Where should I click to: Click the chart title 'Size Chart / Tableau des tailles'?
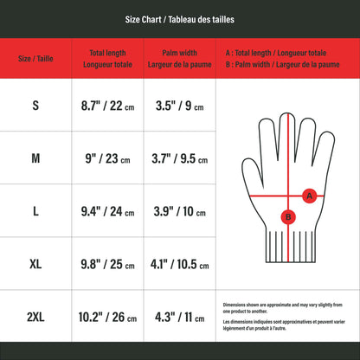pyautogui.click(x=179, y=20)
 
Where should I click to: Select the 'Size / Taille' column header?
pyautogui.click(x=35, y=59)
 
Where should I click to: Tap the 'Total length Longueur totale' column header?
pyautogui.click(x=107, y=59)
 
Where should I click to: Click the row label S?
pyautogui.click(x=35, y=106)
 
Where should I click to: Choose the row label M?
pyautogui.click(x=35, y=158)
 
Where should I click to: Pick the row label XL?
pyautogui.click(x=35, y=264)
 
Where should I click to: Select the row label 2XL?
pyautogui.click(x=35, y=317)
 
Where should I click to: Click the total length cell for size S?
pyautogui.click(x=107, y=106)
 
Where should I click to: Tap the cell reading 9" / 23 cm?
pyautogui.click(x=107, y=158)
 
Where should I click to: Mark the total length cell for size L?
pyautogui.click(x=107, y=211)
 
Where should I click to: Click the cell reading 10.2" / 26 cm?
pyautogui.click(x=107, y=318)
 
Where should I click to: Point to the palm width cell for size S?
pyautogui.click(x=179, y=106)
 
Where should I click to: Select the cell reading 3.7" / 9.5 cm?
pyautogui.click(x=179, y=158)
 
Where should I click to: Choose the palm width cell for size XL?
pyautogui.click(x=179, y=264)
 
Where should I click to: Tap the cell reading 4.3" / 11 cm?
pyautogui.click(x=179, y=318)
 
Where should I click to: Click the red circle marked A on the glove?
pyautogui.click(x=310, y=196)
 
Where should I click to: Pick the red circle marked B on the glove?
pyautogui.click(x=288, y=217)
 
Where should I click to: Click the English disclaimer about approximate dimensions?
pyautogui.click(x=282, y=308)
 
